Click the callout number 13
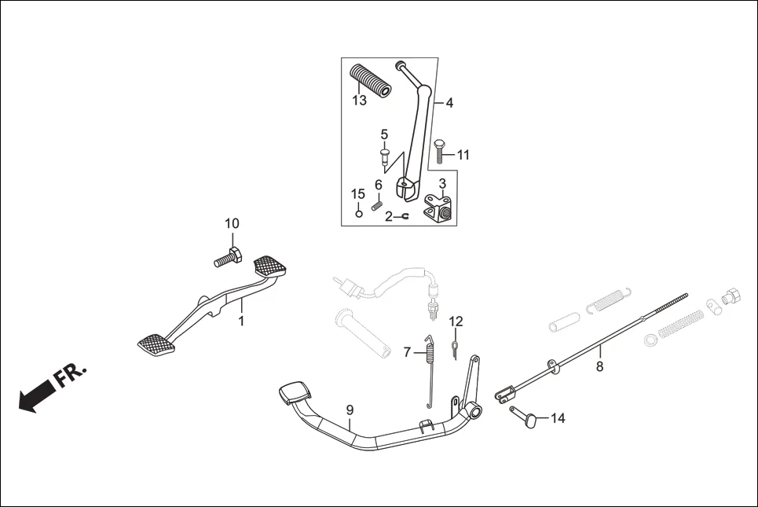pyautogui.click(x=359, y=101)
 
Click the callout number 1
pyautogui.click(x=242, y=321)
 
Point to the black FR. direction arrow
pyautogui.click(x=32, y=400)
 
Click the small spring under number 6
pyautogui.click(x=376, y=206)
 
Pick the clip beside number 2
pyautogui.click(x=404, y=216)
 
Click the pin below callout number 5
pyautogui.click(x=385, y=156)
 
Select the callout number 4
pyautogui.click(x=449, y=102)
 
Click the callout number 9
pyautogui.click(x=350, y=410)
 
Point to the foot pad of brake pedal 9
pyautogui.click(x=295, y=393)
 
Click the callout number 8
pyautogui.click(x=599, y=366)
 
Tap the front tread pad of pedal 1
pyautogui.click(x=155, y=343)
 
